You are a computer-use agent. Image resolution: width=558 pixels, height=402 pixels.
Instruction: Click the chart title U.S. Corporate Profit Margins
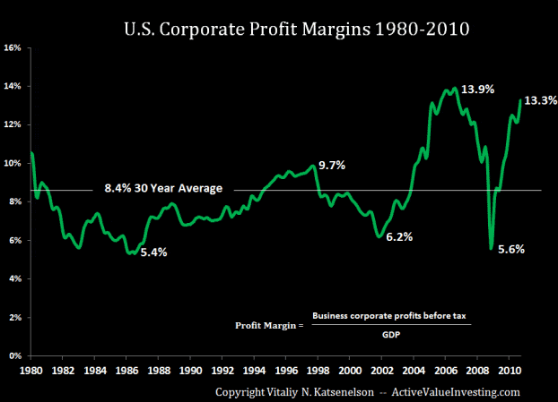(295, 29)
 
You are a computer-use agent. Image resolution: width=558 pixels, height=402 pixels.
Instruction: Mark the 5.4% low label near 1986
(153, 252)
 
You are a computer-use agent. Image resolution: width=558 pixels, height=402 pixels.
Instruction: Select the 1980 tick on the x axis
(32, 369)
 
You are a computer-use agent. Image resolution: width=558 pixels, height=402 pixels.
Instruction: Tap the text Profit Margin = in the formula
(268, 324)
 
